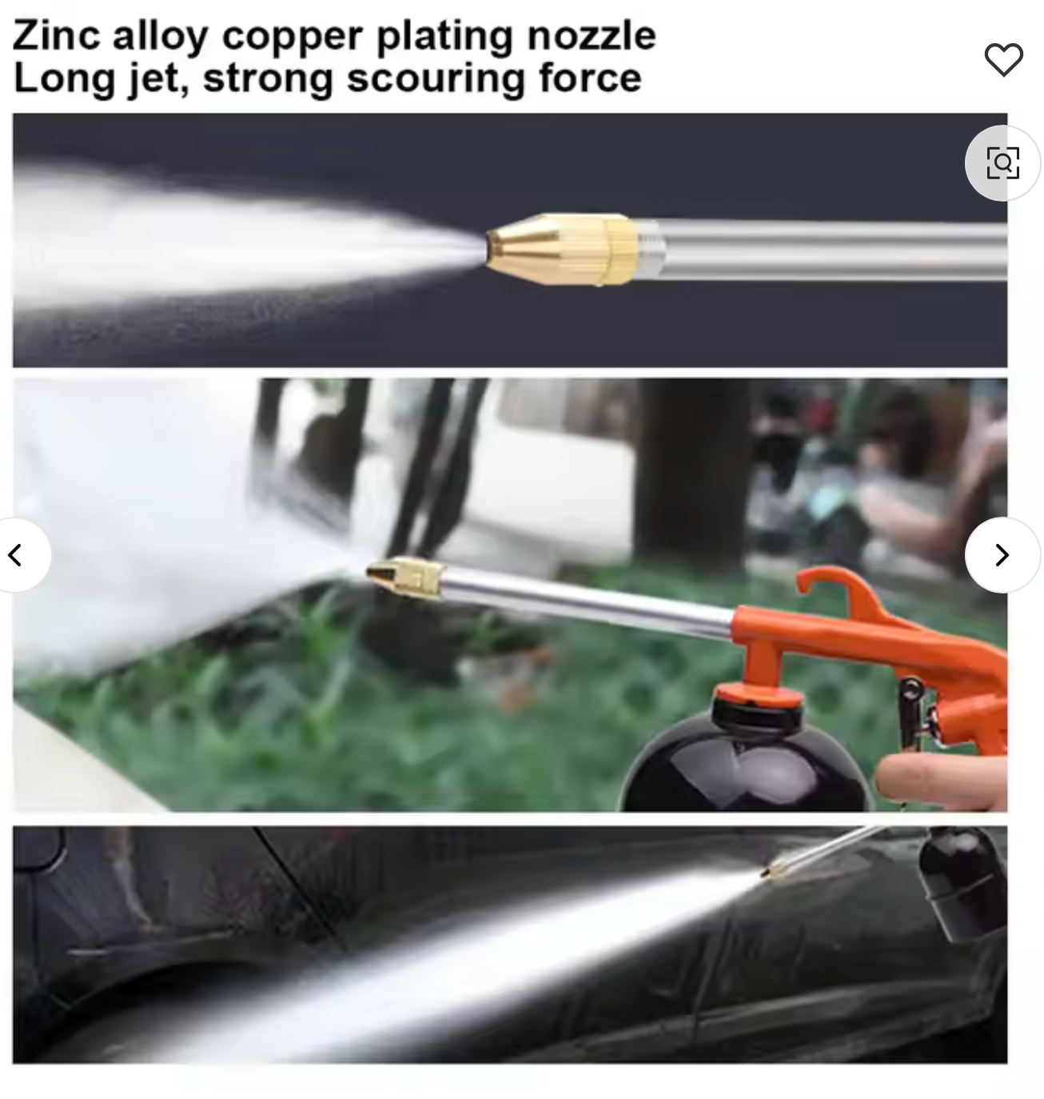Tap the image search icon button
tap(1002, 162)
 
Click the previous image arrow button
tap(16, 554)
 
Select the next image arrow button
tap(1002, 554)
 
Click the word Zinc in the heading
tap(57, 36)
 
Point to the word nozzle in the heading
tap(592, 36)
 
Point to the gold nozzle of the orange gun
tap(406, 577)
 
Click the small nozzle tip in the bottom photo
tap(772, 871)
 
